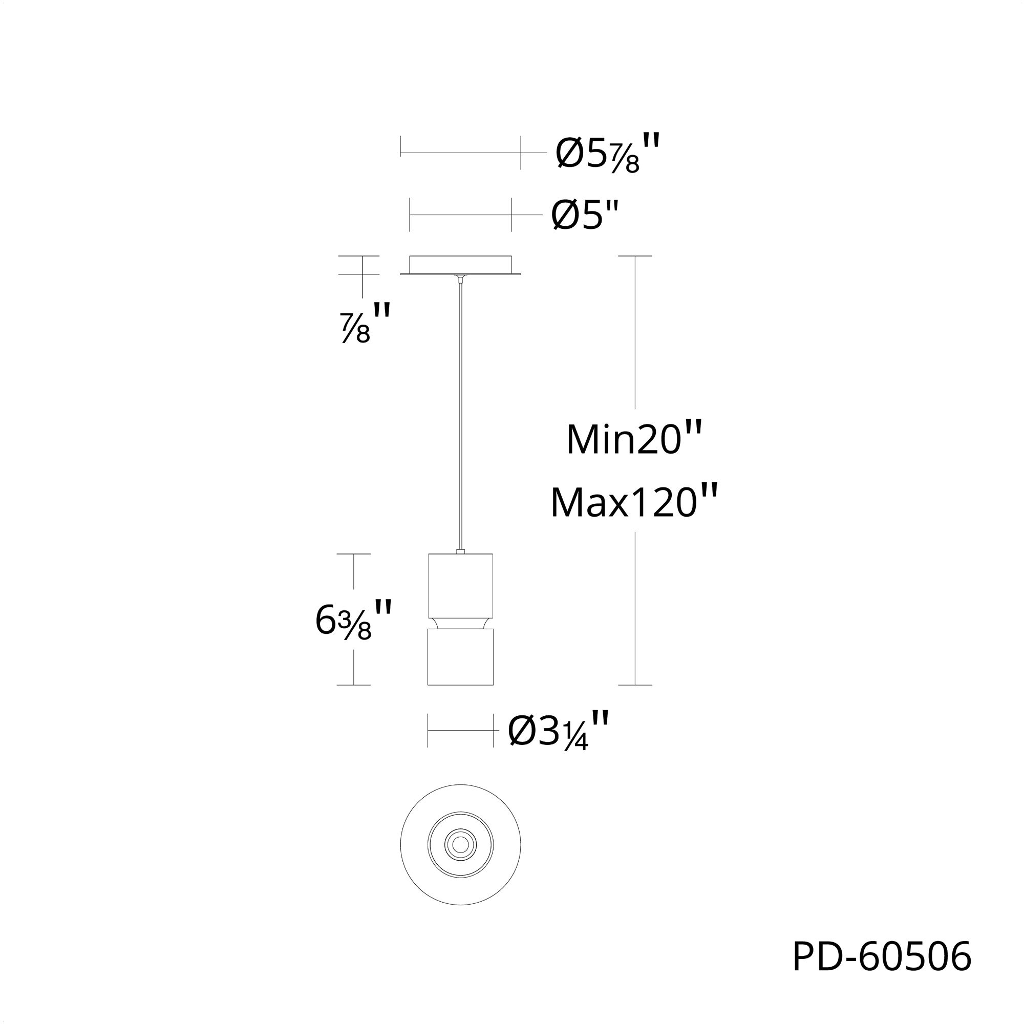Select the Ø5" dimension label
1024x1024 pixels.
pos(585,215)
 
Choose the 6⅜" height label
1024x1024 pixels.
pos(353,620)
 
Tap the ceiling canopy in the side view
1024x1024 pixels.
pos(460,266)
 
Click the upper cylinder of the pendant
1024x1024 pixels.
pos(460,585)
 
